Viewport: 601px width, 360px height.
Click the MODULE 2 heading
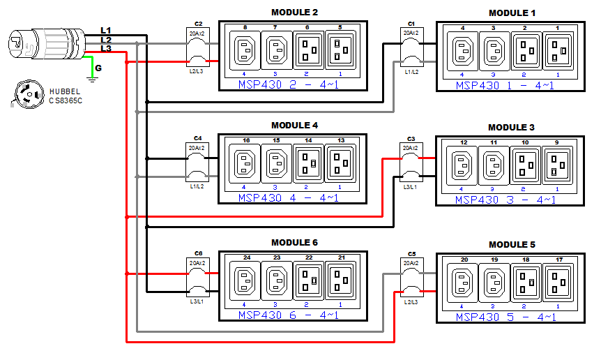click(x=294, y=13)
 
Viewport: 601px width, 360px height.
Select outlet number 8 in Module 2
click(x=245, y=50)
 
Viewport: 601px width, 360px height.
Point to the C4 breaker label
click(x=198, y=138)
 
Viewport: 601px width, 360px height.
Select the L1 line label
click(x=105, y=30)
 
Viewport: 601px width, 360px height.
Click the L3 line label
click(x=105, y=48)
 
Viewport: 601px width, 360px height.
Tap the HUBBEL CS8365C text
click(x=66, y=96)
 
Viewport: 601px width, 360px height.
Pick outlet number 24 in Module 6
click(x=245, y=281)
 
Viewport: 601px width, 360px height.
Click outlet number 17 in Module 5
click(x=558, y=283)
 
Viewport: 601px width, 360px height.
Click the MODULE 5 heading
click(x=512, y=245)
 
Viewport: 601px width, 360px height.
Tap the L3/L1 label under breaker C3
click(x=411, y=187)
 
